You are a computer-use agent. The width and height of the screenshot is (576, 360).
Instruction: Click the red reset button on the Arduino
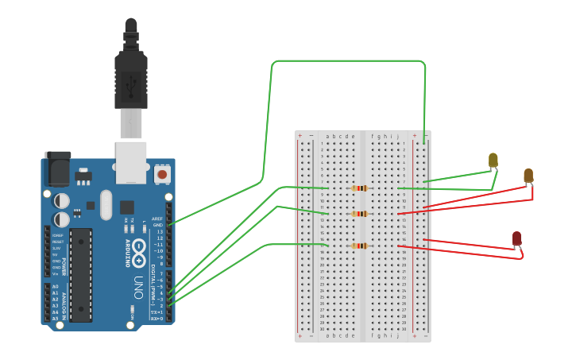162,173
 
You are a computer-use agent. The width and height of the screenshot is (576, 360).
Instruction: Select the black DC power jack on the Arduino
57,168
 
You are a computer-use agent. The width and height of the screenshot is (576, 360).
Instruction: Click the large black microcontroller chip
81,275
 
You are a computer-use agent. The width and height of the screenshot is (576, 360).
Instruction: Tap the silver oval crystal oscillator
106,205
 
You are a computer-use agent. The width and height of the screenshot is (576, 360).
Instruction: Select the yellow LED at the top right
493,161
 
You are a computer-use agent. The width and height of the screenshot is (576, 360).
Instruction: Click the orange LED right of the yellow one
528,176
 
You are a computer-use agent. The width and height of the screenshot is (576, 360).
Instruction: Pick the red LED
516,238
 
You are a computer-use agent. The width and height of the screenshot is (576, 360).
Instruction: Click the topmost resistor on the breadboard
360,188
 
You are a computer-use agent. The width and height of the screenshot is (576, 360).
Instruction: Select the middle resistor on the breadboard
360,214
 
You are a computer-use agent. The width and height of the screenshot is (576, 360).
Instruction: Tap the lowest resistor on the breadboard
360,246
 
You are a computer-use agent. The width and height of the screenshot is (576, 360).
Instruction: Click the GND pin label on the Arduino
158,225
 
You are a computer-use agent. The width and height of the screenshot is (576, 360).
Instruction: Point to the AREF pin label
157,219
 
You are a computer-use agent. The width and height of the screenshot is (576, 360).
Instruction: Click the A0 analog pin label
55,286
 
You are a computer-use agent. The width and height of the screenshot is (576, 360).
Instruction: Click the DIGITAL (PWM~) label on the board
150,290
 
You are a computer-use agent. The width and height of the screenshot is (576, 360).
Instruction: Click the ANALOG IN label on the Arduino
65,302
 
